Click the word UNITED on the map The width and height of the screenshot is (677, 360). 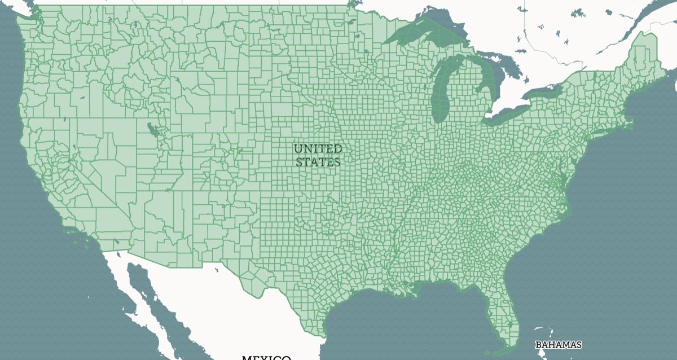coord(318,149)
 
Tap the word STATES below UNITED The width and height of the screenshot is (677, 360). coord(318,162)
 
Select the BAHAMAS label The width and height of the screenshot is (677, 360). coord(558,344)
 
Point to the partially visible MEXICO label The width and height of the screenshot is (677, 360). coord(266,357)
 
